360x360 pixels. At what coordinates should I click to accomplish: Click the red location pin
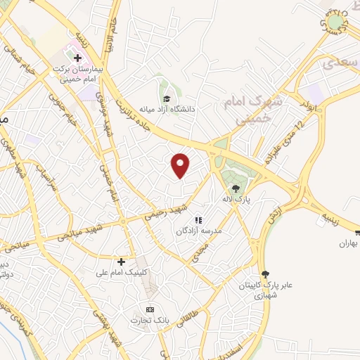click(x=181, y=166)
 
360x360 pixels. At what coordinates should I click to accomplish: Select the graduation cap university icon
click(x=167, y=98)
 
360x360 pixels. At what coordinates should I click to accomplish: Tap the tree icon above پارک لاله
click(x=236, y=187)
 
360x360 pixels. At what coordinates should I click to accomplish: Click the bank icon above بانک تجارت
click(x=148, y=309)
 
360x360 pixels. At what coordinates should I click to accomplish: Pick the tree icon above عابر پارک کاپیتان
click(x=264, y=274)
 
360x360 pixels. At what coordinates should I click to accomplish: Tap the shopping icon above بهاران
click(x=357, y=233)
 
